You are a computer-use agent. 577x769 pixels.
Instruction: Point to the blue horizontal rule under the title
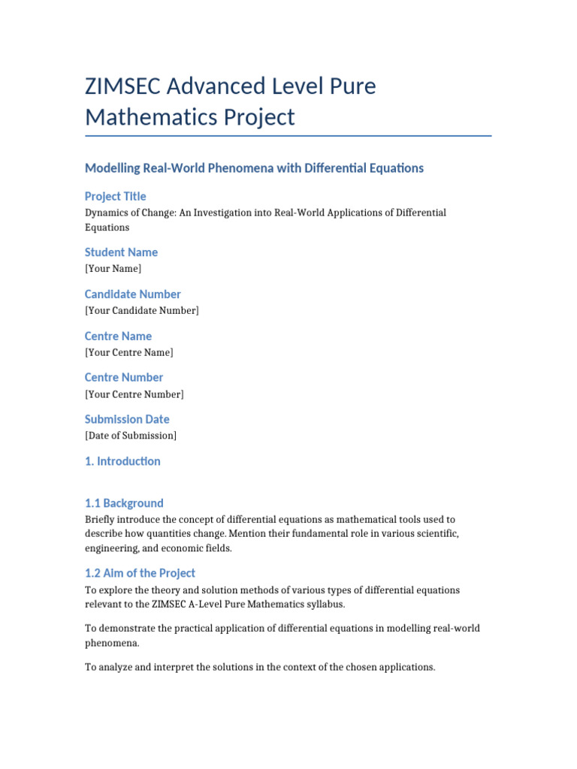point(288,136)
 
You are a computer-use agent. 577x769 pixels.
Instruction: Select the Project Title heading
point(115,196)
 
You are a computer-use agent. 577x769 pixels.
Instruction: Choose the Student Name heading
point(121,252)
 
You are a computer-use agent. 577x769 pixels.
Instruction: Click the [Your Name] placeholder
point(113,268)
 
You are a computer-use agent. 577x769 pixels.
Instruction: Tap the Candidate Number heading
point(132,294)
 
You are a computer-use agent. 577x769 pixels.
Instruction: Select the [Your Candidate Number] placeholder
point(142,310)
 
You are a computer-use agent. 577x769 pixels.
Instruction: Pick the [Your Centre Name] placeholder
point(128,352)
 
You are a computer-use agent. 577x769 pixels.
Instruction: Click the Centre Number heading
point(124,377)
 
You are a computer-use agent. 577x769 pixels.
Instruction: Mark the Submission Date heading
point(127,419)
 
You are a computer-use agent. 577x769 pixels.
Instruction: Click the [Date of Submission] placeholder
point(131,436)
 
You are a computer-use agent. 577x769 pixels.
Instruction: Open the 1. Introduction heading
point(122,461)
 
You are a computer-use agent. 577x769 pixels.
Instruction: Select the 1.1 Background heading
point(124,503)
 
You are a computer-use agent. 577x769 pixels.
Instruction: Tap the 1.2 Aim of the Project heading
point(140,573)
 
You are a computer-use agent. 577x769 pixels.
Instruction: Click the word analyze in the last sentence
point(115,666)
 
